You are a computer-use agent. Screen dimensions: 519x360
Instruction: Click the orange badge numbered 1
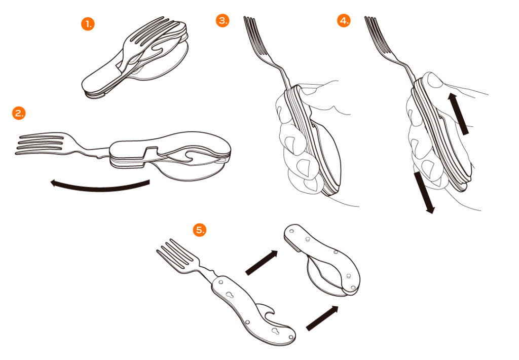click(88, 24)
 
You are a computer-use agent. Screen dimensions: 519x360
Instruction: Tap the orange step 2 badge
click(19, 113)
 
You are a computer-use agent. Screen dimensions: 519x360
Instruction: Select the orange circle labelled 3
click(223, 20)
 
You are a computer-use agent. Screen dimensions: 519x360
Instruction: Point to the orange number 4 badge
click(344, 20)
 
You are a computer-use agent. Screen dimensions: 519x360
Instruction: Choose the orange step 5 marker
click(200, 230)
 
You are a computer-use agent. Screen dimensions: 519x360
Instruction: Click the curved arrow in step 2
click(99, 188)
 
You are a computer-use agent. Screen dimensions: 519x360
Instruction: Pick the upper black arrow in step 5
click(262, 262)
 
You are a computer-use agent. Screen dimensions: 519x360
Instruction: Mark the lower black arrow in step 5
click(322, 318)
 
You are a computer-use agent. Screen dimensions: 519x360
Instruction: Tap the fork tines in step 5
click(175, 255)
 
